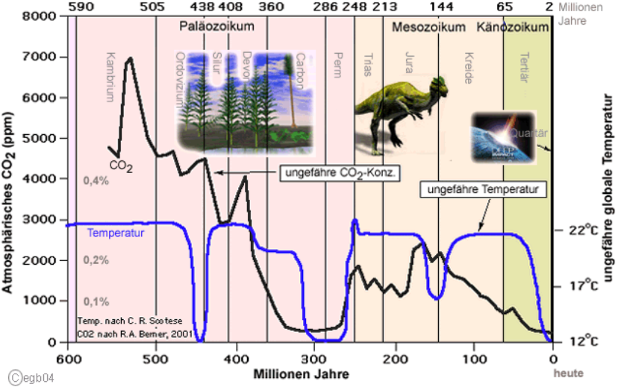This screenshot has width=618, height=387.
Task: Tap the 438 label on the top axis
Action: pyautogui.click(x=202, y=7)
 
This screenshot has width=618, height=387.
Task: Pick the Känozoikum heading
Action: pyautogui.click(x=513, y=27)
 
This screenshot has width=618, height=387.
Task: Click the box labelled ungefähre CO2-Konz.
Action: pyautogui.click(x=339, y=173)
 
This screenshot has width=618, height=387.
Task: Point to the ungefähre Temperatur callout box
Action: pyautogui.click(x=484, y=189)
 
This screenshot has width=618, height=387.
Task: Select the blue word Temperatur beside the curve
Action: pyautogui.click(x=116, y=233)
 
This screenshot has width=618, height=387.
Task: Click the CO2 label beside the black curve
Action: pyautogui.click(x=120, y=166)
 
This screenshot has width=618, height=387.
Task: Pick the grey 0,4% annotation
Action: pyautogui.click(x=97, y=180)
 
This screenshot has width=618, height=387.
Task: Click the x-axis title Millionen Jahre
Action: pyautogui.click(x=299, y=372)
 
